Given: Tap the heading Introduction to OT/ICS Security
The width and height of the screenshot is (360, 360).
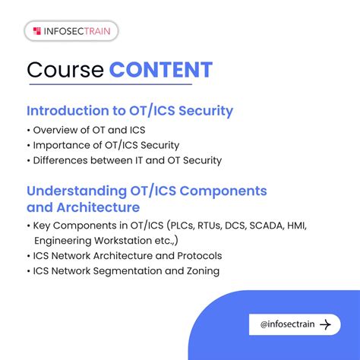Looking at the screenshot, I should coord(130,111).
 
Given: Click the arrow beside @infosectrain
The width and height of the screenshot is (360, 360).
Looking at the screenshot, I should coord(325,324).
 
